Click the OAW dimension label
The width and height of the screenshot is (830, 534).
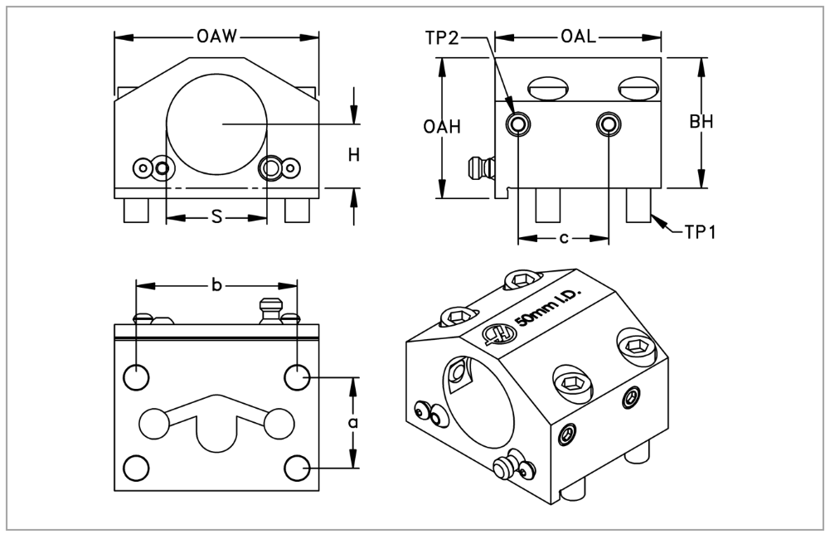217,36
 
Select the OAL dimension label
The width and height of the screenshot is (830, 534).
577,36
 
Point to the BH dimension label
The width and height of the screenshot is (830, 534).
701,122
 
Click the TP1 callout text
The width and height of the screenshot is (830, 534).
700,232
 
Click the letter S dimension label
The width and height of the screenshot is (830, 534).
216,217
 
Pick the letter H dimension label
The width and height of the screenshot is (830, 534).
353,155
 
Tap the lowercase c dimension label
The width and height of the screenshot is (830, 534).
563,239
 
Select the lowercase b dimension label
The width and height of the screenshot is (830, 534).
216,286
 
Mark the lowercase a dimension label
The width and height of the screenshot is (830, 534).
353,423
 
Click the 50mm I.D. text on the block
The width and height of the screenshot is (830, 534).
550,308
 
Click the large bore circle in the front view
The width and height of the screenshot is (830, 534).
216,123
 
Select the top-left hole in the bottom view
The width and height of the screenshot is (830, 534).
136,378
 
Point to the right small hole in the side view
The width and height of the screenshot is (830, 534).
609,124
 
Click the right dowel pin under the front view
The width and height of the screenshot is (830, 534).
296,210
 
